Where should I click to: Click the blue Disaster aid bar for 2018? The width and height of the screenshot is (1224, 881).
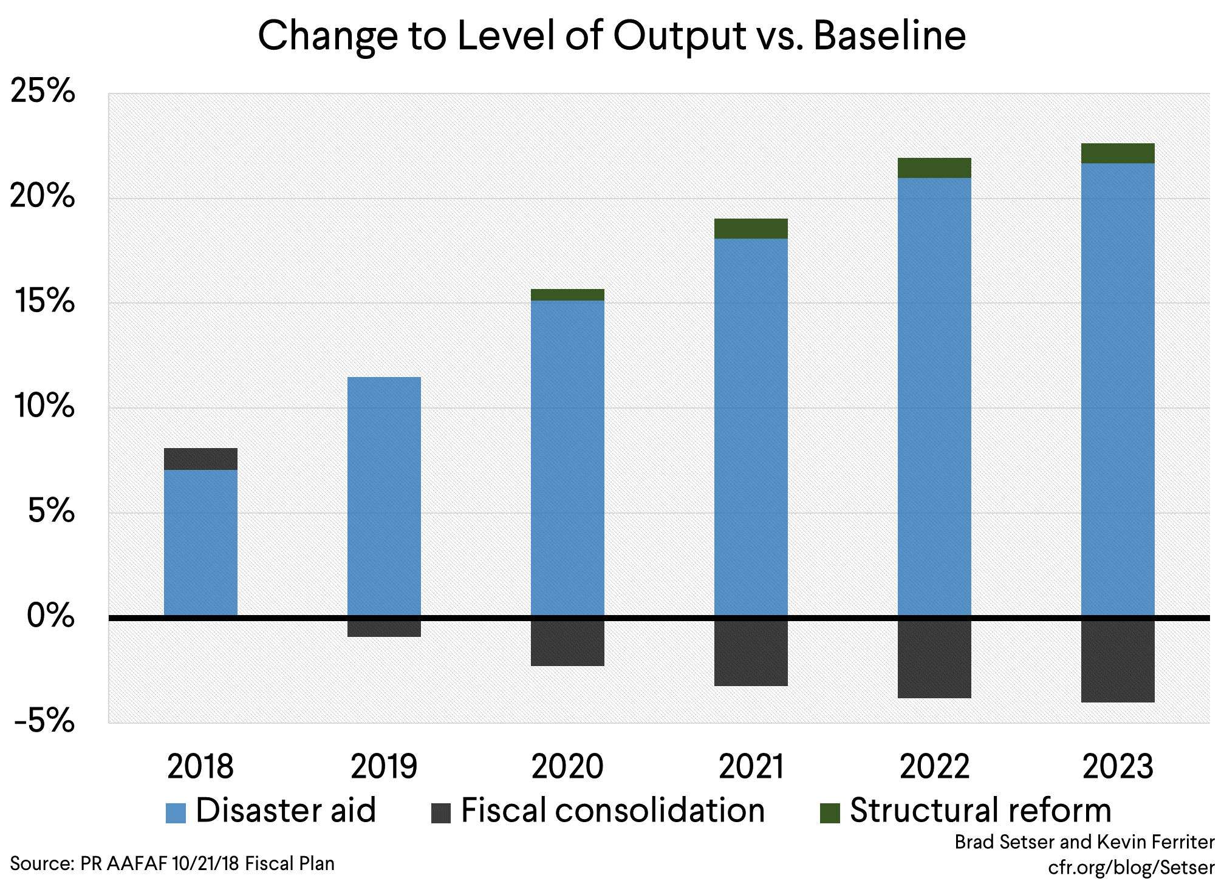pos(200,542)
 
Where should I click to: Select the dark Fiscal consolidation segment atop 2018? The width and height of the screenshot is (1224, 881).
pos(200,459)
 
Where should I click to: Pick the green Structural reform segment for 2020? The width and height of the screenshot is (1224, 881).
pos(567,295)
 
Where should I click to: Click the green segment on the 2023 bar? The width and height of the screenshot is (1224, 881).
pos(1118,154)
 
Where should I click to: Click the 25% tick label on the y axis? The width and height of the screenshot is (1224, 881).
pos(43,92)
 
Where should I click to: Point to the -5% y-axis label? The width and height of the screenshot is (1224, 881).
pos(44,721)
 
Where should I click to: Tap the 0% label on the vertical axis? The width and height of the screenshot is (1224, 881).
pos(50,616)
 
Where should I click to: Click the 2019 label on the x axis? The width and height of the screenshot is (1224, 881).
pos(384,767)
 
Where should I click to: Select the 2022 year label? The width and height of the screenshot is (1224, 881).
pos(934,767)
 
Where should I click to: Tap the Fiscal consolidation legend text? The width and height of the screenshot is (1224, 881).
pos(612,811)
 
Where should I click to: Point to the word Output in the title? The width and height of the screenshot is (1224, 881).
pos(679,36)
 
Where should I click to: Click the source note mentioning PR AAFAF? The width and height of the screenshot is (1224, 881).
pos(173,863)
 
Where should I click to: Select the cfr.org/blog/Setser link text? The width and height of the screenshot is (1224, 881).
pos(1131,868)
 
